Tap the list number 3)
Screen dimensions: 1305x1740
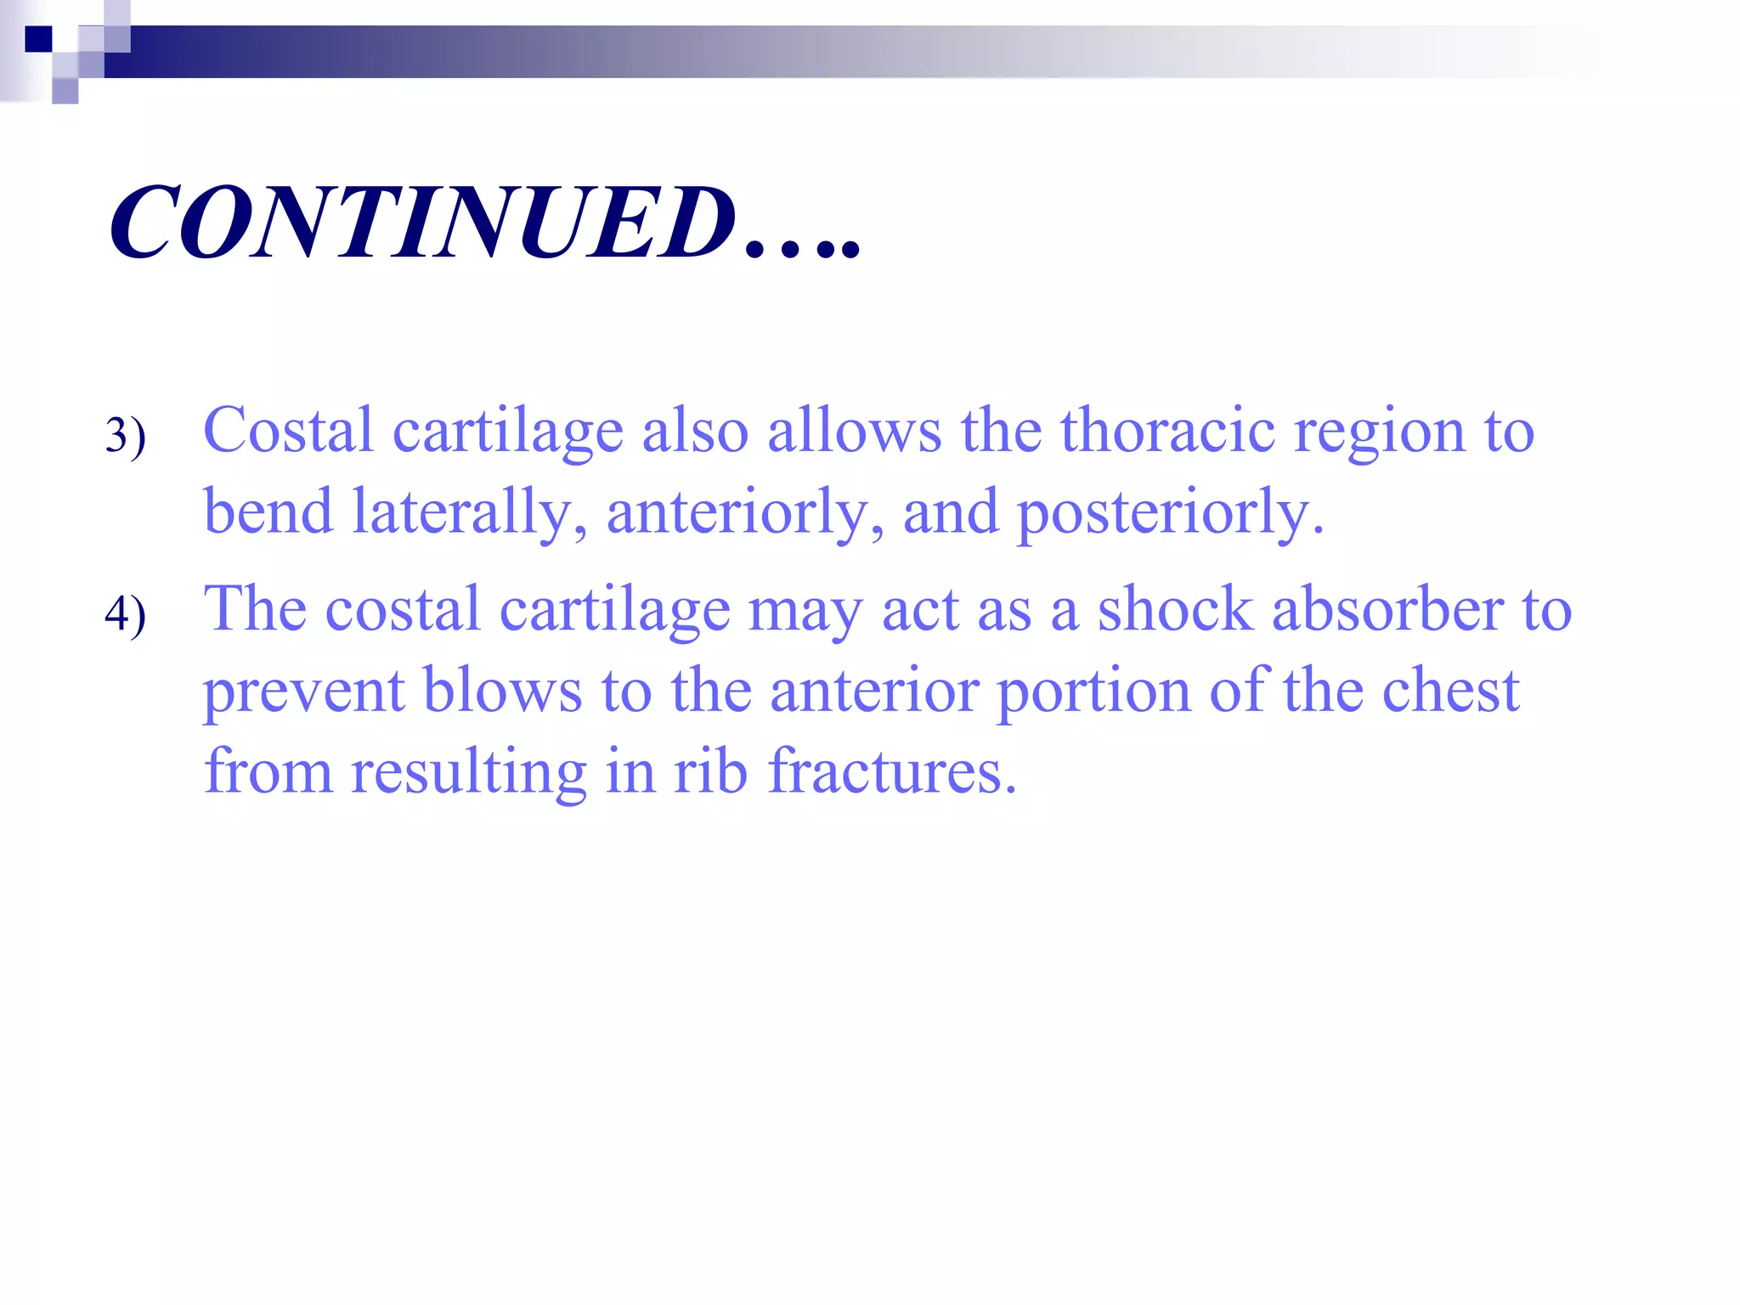126,435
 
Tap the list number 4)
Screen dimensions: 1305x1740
126,613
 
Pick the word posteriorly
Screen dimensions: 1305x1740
1170,513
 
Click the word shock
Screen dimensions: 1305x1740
1175,610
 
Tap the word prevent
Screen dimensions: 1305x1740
303,692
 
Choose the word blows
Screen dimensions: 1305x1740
502,690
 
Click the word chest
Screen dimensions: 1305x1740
1450,690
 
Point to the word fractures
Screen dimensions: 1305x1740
892,771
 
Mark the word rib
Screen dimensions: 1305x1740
710,771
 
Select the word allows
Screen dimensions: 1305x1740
855,430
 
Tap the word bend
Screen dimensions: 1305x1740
268,511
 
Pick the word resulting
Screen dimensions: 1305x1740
469,773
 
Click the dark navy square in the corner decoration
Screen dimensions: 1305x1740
38,39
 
